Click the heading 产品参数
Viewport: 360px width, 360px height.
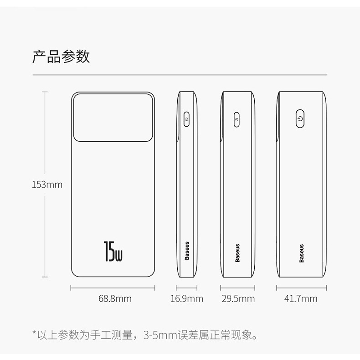[61, 57]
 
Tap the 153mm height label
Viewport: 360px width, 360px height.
[47, 185]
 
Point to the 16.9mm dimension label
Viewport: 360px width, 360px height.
[187, 299]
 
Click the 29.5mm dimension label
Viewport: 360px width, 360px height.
[238, 299]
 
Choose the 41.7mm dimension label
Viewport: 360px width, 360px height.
[301, 299]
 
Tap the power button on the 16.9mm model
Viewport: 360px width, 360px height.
[187, 119]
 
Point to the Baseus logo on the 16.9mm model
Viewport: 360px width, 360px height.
[187, 251]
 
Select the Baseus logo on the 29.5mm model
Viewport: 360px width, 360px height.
[237, 253]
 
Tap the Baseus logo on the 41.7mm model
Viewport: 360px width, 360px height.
[301, 253]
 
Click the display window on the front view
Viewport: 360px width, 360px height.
[113, 117]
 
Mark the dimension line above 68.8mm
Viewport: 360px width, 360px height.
[113, 288]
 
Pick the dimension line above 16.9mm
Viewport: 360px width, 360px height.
[187, 288]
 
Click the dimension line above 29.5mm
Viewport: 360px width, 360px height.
[238, 288]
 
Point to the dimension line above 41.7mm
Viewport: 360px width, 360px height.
[301, 288]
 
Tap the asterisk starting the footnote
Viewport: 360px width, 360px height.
[34, 335]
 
